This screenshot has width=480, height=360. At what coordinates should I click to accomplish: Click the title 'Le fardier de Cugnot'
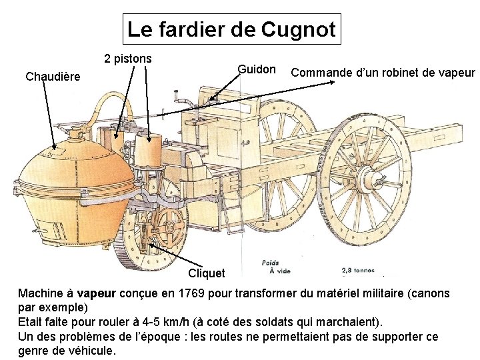coord(231,29)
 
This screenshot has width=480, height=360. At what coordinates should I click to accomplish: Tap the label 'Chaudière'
coord(52,77)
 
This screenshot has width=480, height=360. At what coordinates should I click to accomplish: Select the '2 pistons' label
coord(127,59)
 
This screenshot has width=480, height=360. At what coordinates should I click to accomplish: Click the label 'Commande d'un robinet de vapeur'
coord(383,72)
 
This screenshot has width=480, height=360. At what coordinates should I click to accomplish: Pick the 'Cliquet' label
coord(207,273)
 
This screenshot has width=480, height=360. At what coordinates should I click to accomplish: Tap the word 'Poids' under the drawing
coord(270,263)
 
